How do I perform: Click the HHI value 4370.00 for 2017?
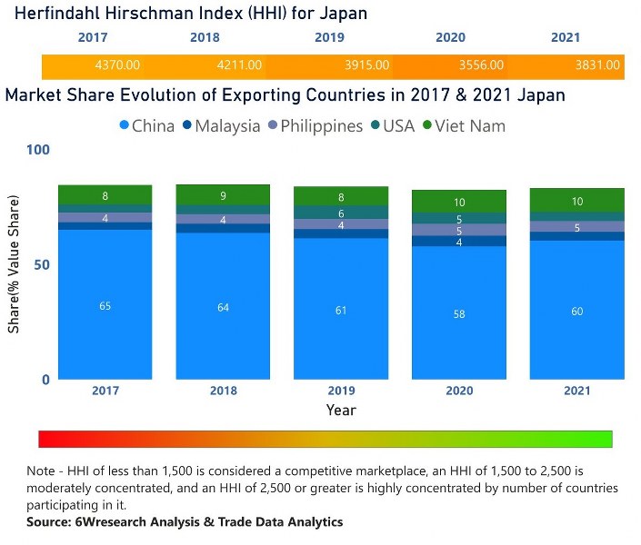[117, 65]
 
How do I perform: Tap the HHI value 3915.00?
[367, 65]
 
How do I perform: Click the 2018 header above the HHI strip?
[205, 38]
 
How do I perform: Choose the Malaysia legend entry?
[220, 126]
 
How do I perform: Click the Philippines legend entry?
[314, 126]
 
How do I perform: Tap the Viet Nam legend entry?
[462, 126]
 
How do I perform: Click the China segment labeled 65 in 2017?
[105, 305]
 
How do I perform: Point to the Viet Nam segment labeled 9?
[223, 195]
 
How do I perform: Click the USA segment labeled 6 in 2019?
[341, 213]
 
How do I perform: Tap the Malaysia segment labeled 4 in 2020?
[458, 242]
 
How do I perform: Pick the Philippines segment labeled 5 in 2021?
[576, 227]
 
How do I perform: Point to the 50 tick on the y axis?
[39, 264]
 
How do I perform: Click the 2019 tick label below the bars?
[341, 391]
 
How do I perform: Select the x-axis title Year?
[341, 411]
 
